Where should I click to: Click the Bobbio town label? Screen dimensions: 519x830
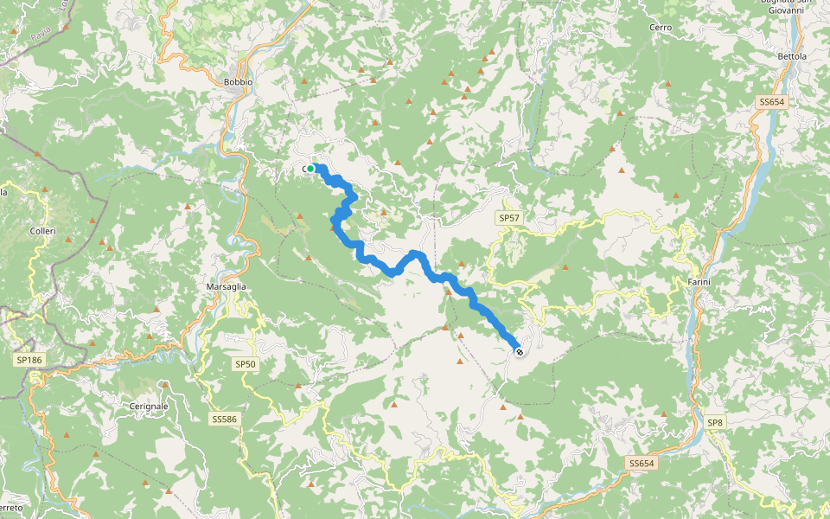[x=238, y=82]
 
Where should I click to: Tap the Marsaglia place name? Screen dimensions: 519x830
[x=227, y=286]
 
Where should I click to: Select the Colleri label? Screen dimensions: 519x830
[x=42, y=231]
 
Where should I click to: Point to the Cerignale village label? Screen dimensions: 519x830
[x=147, y=405]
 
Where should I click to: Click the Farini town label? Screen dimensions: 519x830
[x=699, y=282]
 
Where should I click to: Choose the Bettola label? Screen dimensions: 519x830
[x=792, y=57]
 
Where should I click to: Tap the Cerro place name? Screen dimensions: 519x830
[x=661, y=28]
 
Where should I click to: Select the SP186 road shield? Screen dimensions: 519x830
[x=29, y=359]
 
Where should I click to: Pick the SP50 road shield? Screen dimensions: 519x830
[x=246, y=364]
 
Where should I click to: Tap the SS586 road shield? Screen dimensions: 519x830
[x=224, y=420]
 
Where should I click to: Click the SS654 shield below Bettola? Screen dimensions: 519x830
[x=771, y=102]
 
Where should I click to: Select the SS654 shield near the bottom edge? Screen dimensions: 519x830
[x=641, y=464]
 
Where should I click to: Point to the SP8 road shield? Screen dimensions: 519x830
[x=714, y=422]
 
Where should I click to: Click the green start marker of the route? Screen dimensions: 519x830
[x=310, y=169]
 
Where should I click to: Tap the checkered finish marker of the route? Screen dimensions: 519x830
[x=519, y=351]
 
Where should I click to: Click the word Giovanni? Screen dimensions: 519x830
[x=794, y=11]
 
